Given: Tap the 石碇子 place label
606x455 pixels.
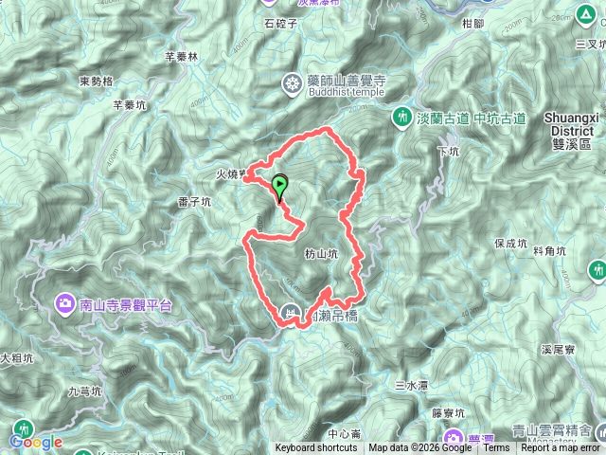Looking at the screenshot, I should coord(281,23).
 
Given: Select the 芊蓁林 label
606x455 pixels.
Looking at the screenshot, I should coord(181,56).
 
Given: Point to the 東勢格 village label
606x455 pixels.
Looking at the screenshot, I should coord(96,81).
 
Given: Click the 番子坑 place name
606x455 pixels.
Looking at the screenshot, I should coord(191,200).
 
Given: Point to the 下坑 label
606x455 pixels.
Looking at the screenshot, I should coord(448,151).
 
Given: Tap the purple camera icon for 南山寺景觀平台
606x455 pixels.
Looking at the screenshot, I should coord(65,304).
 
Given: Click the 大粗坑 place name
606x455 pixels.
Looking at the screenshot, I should coord(16,359).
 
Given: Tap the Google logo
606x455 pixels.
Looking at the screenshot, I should coord(37,442).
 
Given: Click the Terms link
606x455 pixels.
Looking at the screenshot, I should coord(495,448).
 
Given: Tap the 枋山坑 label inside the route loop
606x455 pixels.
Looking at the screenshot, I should coord(321,254).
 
